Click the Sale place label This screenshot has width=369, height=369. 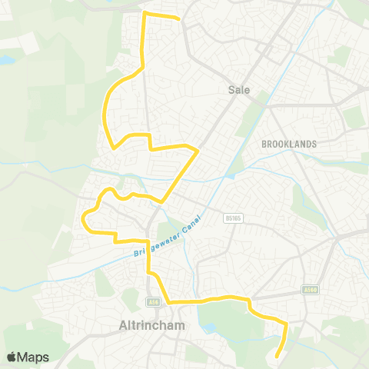coord(239,90)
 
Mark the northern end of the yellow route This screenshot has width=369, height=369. coord(178,18)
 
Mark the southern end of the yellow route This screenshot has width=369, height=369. coord(278,354)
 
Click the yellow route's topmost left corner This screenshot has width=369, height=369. coord(147,15)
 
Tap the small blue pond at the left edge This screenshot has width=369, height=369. coord(6,59)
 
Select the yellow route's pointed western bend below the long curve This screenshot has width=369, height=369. coord(112,147)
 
